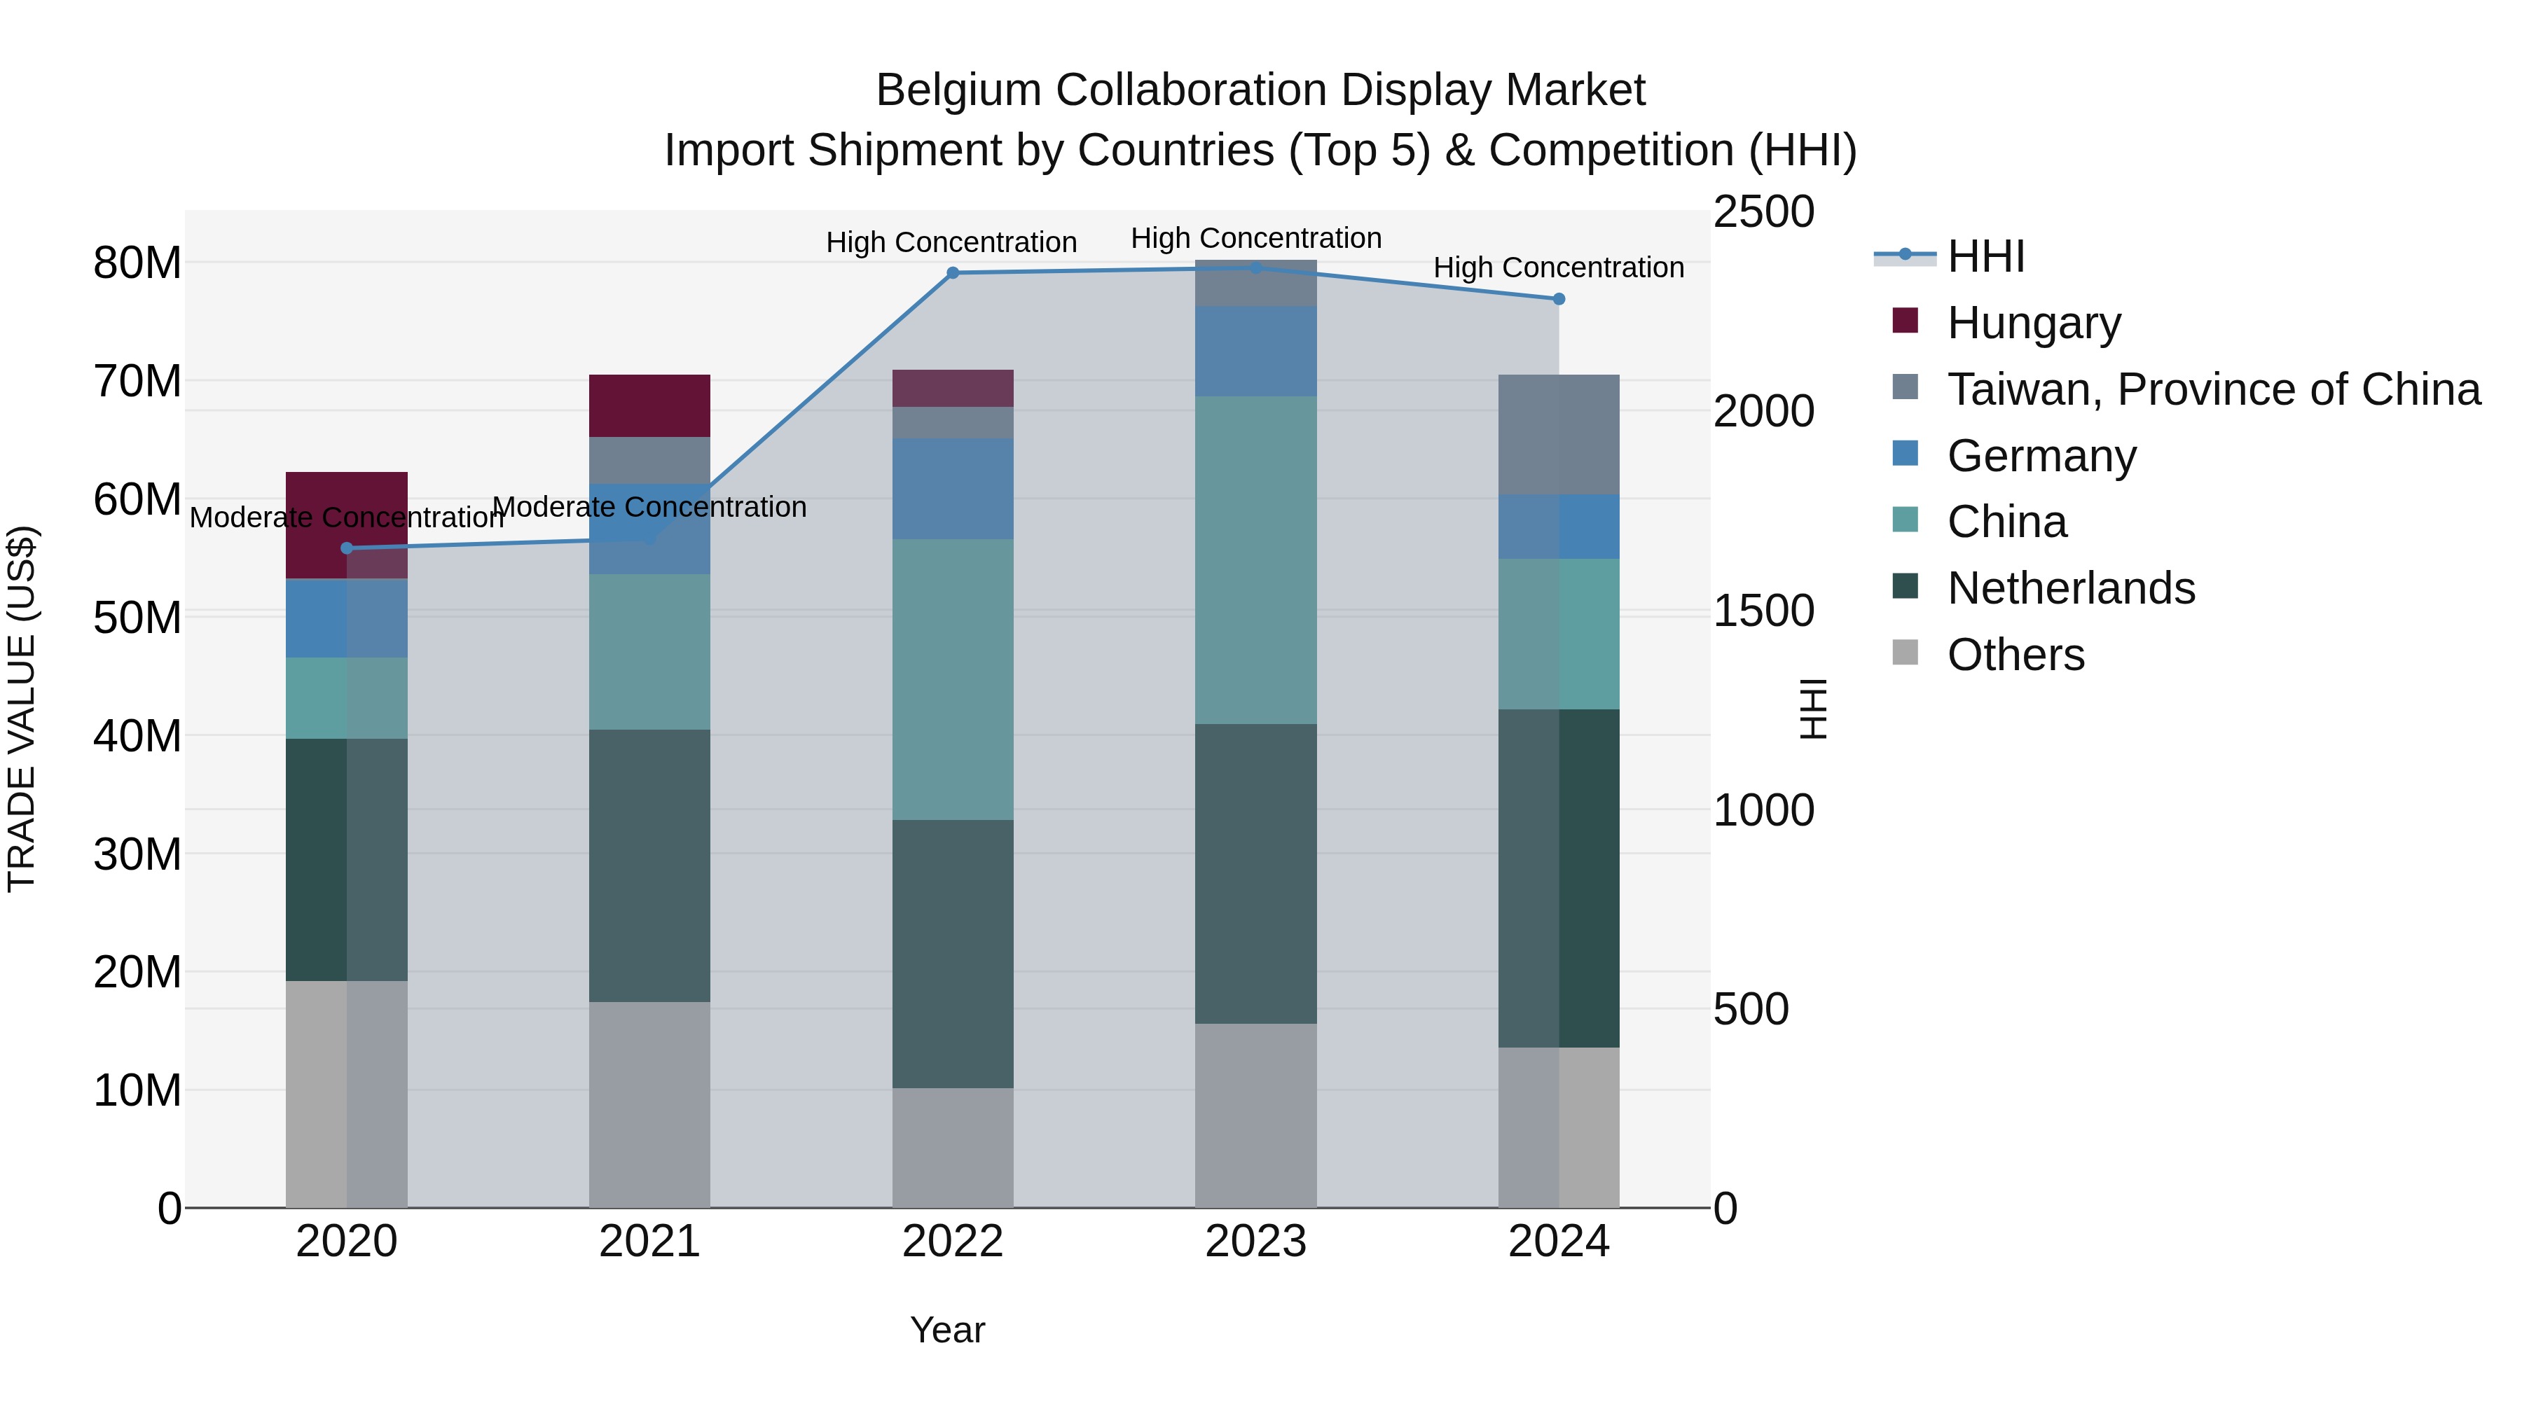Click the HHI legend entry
pos(1985,256)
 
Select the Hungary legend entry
pos(2034,323)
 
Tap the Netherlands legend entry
pos(2071,588)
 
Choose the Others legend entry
pos(2015,655)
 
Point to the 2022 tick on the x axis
pos(951,1242)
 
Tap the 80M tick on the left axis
pos(137,263)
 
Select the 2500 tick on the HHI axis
pos(1763,212)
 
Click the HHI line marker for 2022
pos(953,273)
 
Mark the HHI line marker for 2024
pos(1559,298)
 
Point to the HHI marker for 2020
pos(347,548)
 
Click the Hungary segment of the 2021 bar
pos(649,405)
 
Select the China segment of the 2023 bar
pos(1255,559)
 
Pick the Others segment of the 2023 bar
pos(1255,1115)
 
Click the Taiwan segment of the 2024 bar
pos(1559,434)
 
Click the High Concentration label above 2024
pos(1559,267)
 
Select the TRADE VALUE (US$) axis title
pos(22,709)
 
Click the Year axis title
pos(946,1330)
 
